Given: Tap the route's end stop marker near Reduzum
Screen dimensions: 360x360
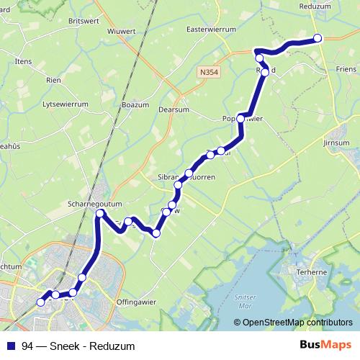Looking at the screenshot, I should pyautogui.click(x=318, y=39).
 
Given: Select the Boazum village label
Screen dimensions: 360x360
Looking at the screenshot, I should pyautogui.click(x=135, y=105).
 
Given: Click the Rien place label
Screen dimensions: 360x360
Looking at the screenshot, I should pyautogui.click(x=53, y=80).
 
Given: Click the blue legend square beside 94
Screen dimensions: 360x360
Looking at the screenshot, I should pyautogui.click(x=12, y=346).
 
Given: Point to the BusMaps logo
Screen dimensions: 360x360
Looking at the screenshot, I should pyautogui.click(x=325, y=345).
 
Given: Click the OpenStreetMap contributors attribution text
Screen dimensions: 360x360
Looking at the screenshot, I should pyautogui.click(x=298, y=322).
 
